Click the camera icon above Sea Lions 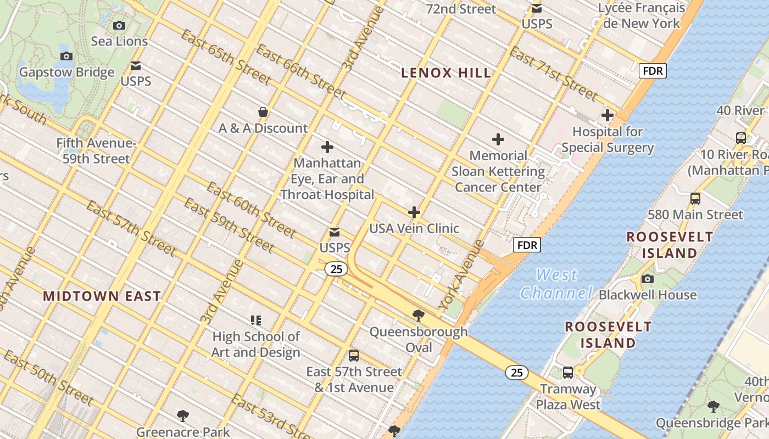tap(119, 25)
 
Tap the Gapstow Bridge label tap(66, 72)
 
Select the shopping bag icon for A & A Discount tap(263, 112)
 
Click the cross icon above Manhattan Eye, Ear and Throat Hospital tap(327, 147)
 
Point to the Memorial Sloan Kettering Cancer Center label tap(498, 171)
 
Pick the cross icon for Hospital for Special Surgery tap(608, 116)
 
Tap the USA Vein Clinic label tap(414, 228)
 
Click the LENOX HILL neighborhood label tap(446, 72)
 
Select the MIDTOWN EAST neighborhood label tap(102, 296)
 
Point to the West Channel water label tap(557, 284)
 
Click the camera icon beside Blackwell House tap(648, 279)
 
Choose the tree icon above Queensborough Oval tap(419, 315)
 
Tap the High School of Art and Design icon tap(256, 320)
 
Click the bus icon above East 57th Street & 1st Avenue tap(354, 356)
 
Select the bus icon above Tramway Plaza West tap(568, 373)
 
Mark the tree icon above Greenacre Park tap(183, 415)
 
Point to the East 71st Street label tap(553, 74)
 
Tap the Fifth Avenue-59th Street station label tap(96, 151)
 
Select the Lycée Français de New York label tap(641, 15)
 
